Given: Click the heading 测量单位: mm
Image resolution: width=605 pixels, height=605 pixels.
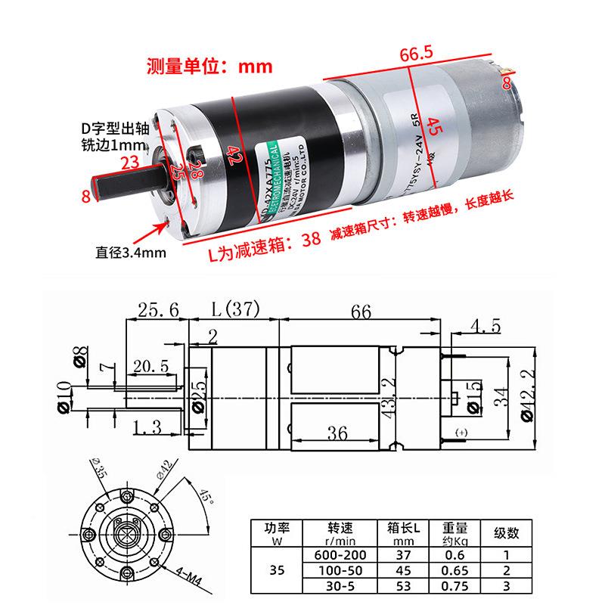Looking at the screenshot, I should (x=209, y=66).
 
